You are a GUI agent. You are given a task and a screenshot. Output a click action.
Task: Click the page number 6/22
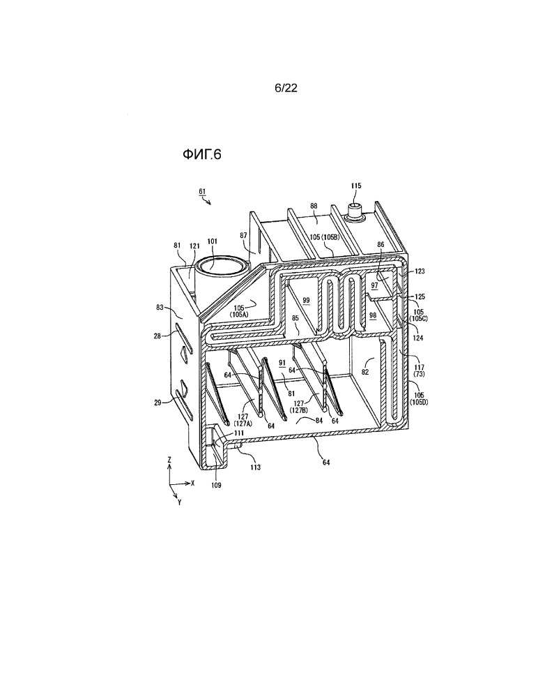point(286,88)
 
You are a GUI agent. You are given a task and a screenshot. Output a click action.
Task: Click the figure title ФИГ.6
point(201,154)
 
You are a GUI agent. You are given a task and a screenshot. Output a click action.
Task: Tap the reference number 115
point(356,186)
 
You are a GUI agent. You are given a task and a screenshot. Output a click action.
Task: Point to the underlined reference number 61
point(202,192)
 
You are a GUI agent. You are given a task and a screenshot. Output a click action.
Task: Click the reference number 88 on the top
point(314,206)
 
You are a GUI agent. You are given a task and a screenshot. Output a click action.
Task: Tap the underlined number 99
point(307,301)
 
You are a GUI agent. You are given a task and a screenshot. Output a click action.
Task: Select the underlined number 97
point(375,285)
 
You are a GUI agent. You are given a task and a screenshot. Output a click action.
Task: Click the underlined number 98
point(373,315)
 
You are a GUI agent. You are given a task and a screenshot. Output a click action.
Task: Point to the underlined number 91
point(282,363)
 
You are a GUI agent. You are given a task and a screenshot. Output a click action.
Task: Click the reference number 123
point(420,271)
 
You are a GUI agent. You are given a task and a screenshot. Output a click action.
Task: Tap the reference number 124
point(417,338)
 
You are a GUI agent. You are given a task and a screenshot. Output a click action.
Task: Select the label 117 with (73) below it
point(419,371)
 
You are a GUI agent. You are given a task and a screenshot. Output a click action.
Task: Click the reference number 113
point(255,467)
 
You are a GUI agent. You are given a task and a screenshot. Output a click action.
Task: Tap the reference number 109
point(216,485)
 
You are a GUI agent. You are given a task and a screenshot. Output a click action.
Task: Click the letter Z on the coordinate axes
point(169,460)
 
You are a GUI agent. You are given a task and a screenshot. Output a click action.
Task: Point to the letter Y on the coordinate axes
point(179,502)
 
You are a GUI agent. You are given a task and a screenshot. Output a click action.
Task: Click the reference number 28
point(157,336)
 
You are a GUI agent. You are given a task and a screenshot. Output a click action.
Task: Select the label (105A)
point(238,314)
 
